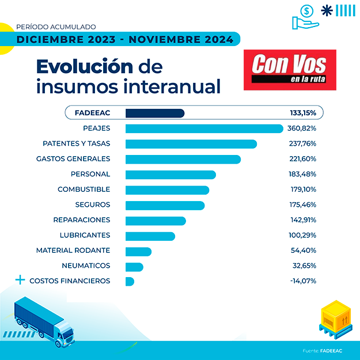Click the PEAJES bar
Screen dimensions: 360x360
tap(204, 128)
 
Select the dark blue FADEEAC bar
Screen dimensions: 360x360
tap(154, 113)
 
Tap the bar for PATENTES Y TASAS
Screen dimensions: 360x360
tap(191, 143)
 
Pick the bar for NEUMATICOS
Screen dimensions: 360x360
tap(134, 266)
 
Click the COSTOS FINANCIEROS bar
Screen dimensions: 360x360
tap(130, 281)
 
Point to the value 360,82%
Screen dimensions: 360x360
tap(302, 128)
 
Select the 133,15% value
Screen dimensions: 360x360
tap(303, 113)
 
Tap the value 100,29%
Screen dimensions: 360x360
tap(302, 235)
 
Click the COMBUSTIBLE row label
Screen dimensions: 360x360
tap(84, 190)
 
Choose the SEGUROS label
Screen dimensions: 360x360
tap(92, 204)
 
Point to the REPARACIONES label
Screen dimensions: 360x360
tap(81, 220)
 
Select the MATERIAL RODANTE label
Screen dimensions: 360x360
tap(73, 251)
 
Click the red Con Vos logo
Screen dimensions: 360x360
tap(290, 70)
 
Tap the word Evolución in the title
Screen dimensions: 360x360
tap(84, 66)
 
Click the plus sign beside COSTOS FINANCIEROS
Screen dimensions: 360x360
tap(21, 281)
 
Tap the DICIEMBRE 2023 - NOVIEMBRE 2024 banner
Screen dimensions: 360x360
tap(125, 40)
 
